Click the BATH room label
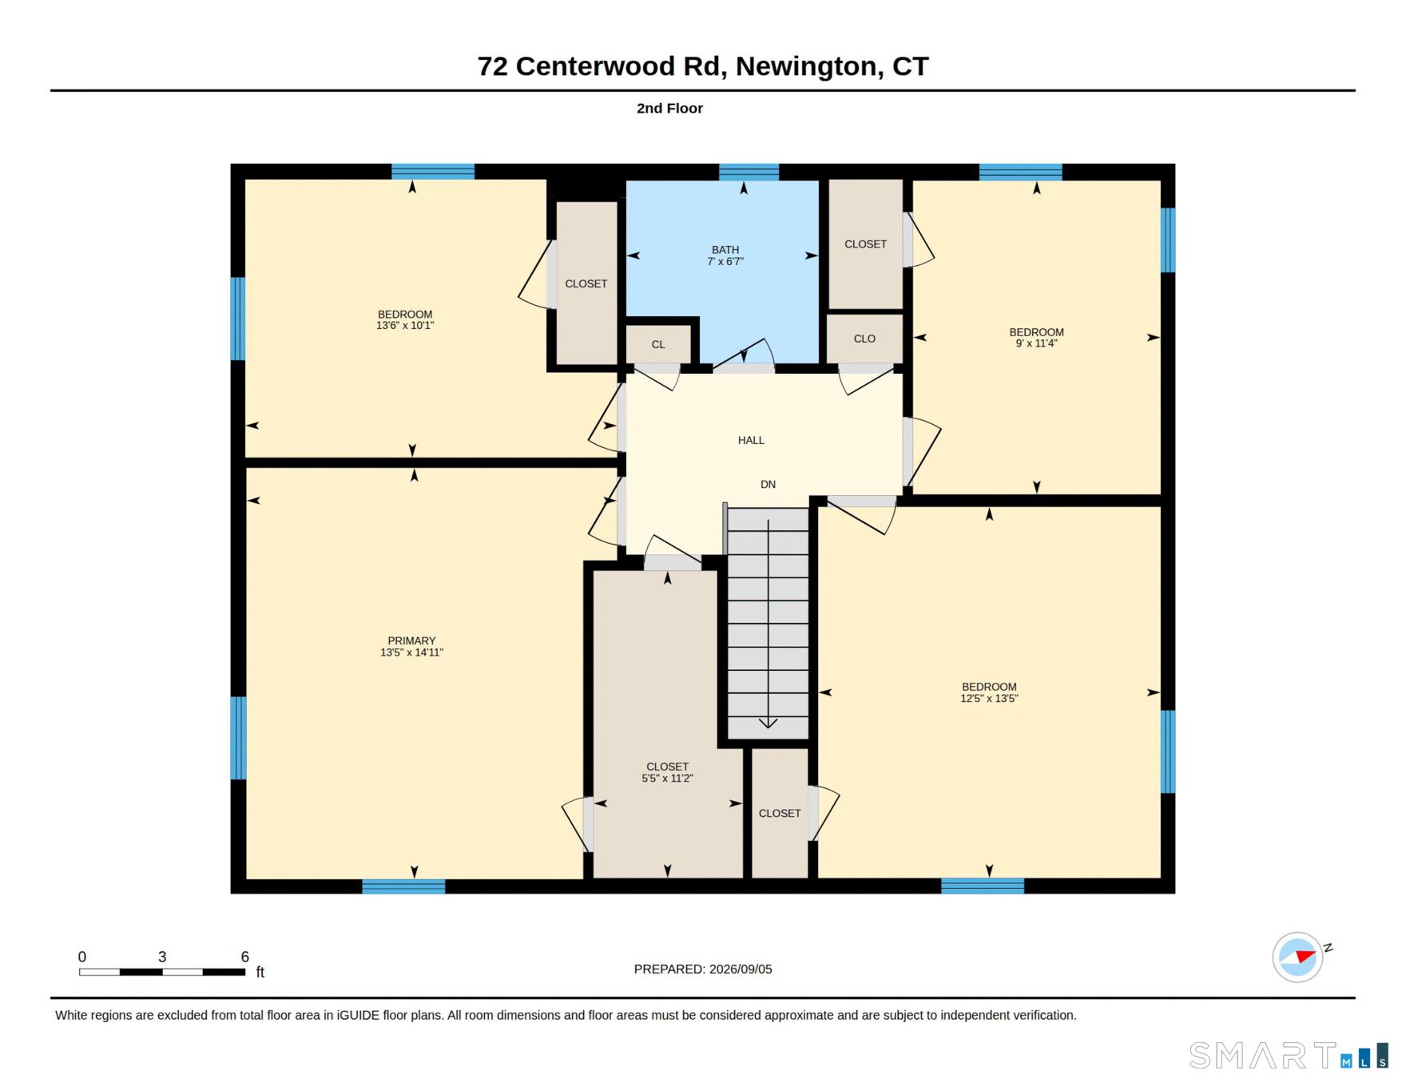[x=725, y=250]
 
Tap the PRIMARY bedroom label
[x=411, y=641]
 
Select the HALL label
[x=751, y=440]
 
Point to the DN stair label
[x=768, y=485]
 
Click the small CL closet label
[x=658, y=345]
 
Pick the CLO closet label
[x=864, y=339]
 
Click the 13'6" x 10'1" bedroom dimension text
[x=405, y=326]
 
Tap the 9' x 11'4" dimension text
[x=1036, y=343]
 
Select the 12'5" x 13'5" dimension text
[x=989, y=699]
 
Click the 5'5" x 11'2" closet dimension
[x=667, y=779]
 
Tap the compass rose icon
[x=1298, y=957]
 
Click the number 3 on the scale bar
[x=162, y=957]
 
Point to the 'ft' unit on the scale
[x=260, y=972]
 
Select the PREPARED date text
[x=703, y=969]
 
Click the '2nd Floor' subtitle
[x=669, y=108]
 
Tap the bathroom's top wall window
[x=749, y=172]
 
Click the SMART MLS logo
[x=1289, y=1056]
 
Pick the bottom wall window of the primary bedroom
[x=403, y=886]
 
